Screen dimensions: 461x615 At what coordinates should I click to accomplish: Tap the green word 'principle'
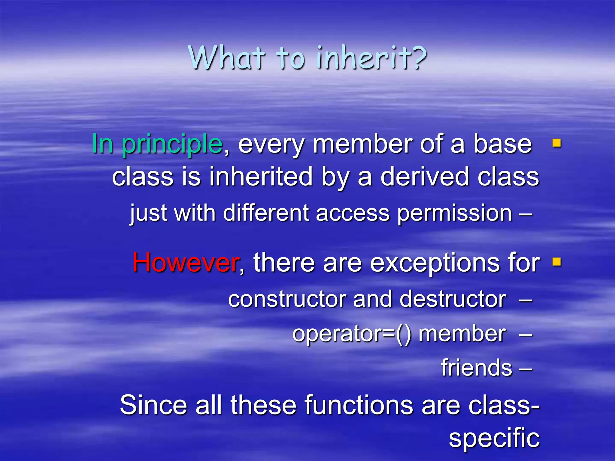pos(172,144)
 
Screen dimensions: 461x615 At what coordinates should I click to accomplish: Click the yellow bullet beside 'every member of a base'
pos(556,143)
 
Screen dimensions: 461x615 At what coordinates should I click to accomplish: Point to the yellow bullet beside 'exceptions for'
pos(556,262)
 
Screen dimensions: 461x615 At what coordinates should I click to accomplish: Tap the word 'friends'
pos(476,368)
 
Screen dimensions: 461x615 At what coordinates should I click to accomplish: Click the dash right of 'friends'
pos(526,369)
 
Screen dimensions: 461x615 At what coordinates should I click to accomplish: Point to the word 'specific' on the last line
pos(494,438)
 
